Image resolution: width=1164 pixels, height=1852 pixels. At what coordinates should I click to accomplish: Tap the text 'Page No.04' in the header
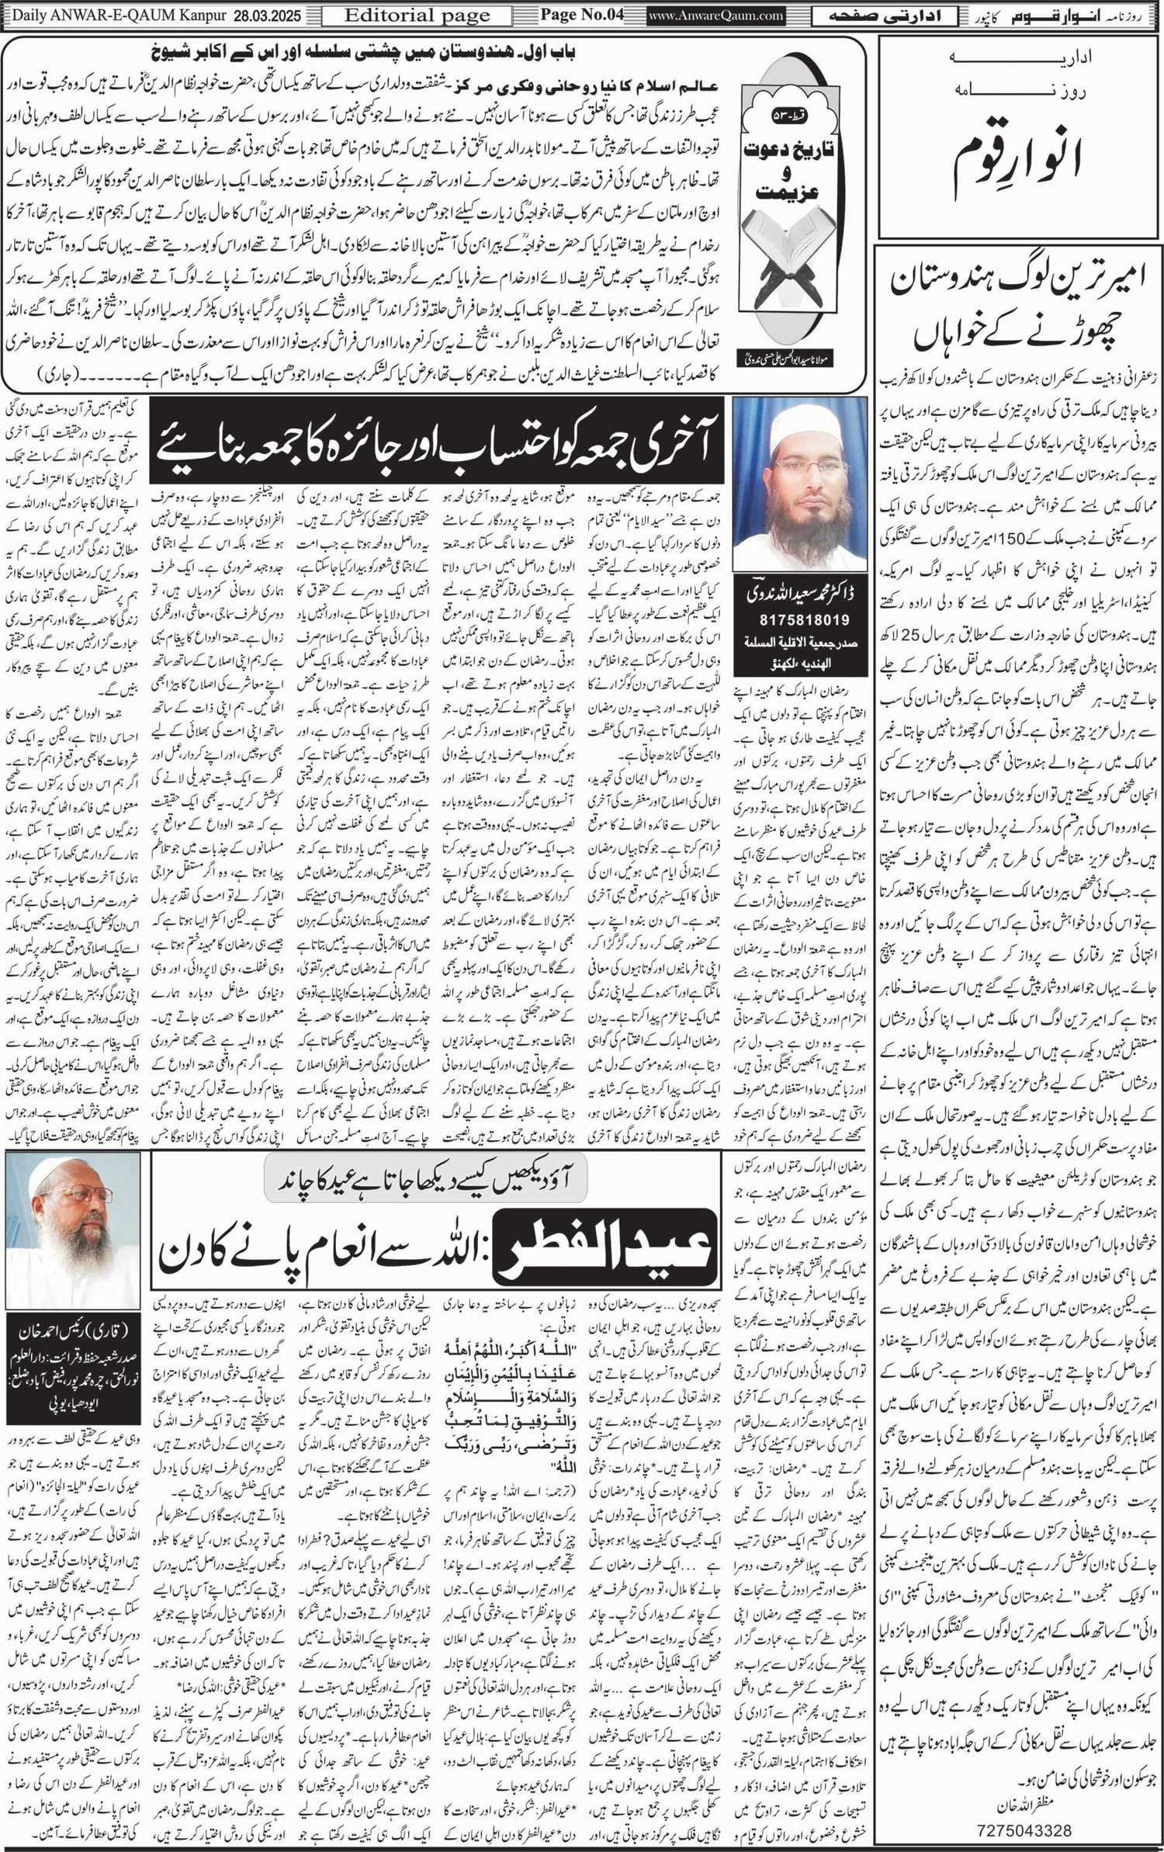coord(582,15)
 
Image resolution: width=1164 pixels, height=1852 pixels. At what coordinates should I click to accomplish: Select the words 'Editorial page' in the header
coord(417,15)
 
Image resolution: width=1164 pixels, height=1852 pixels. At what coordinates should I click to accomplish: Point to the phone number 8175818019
coord(800,620)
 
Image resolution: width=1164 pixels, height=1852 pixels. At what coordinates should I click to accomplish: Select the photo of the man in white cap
coord(800,485)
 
